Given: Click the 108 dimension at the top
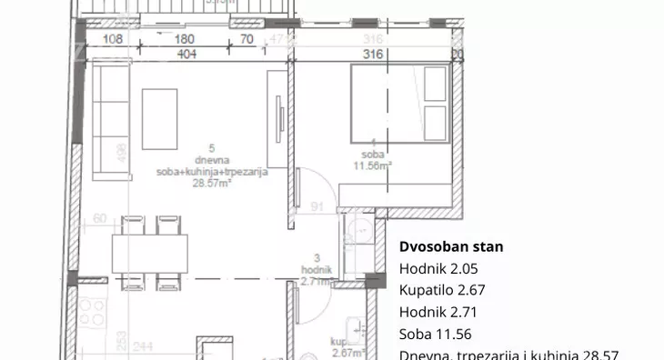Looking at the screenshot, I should click(x=113, y=39).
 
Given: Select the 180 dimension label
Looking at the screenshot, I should click(x=185, y=39).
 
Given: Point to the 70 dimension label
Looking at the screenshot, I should click(x=246, y=39).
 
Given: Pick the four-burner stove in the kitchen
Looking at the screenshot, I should click(x=91, y=312).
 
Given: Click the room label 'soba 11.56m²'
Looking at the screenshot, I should click(x=372, y=160).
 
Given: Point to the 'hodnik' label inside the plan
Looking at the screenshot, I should click(x=316, y=270).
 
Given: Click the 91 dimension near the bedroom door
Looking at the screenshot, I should click(x=317, y=206).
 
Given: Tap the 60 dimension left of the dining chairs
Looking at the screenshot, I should click(x=99, y=219).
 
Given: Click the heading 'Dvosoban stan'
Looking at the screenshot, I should click(x=451, y=246).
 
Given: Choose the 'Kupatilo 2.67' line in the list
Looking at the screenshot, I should click(x=445, y=290).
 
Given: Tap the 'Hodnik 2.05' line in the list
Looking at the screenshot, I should click(x=438, y=268).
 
